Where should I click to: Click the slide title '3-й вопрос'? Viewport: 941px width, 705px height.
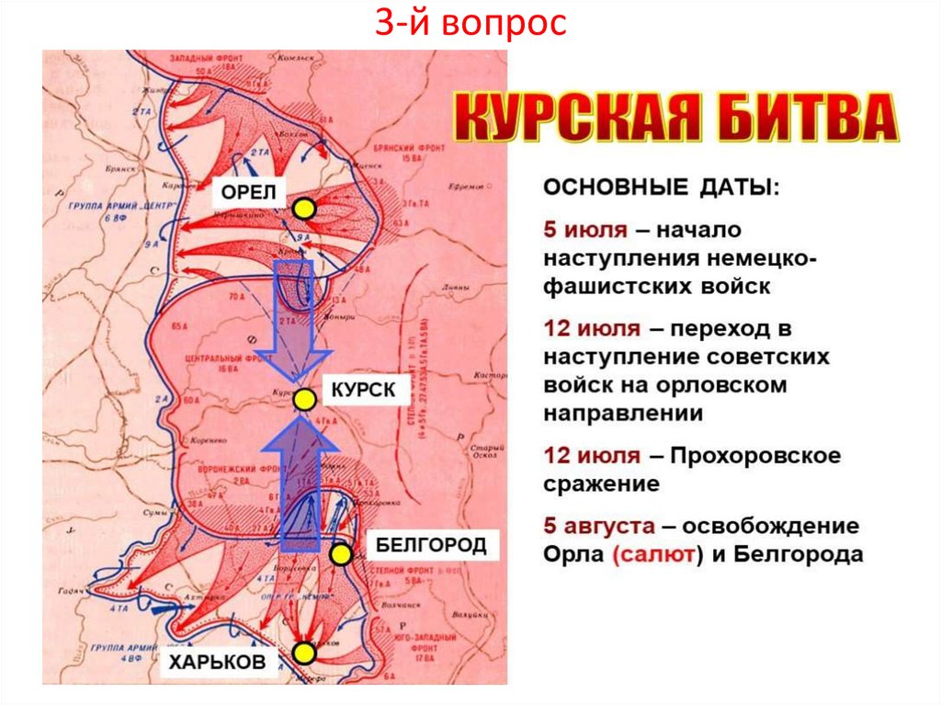tap(470, 25)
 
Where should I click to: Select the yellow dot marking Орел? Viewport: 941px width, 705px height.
tap(305, 210)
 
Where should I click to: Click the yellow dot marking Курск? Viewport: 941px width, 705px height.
tap(305, 398)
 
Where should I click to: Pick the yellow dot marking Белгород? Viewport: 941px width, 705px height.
tap(341, 554)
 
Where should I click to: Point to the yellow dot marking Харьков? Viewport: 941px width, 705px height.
tap(305, 653)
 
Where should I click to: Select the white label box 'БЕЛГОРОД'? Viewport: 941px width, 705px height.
tap(431, 546)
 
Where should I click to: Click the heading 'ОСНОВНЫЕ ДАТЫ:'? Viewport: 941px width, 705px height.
tap(660, 188)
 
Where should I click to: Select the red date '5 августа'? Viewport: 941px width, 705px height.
tap(599, 527)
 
